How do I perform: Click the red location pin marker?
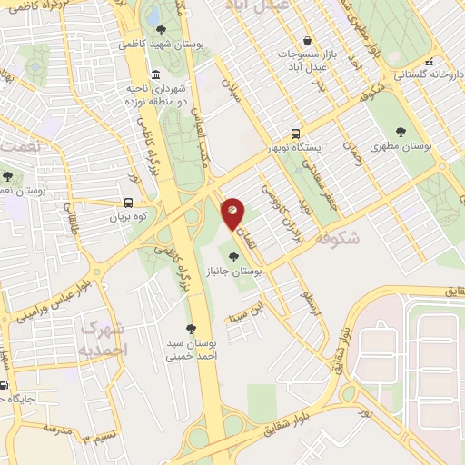tap(232, 212)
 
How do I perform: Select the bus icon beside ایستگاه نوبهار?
tap(295, 132)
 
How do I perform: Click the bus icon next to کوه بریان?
tap(128, 203)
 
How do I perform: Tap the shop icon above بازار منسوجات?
tap(308, 41)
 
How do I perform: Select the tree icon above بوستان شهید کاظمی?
tap(161, 30)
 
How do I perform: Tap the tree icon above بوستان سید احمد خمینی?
tap(190, 330)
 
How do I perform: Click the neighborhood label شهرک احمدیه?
tap(104, 338)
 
